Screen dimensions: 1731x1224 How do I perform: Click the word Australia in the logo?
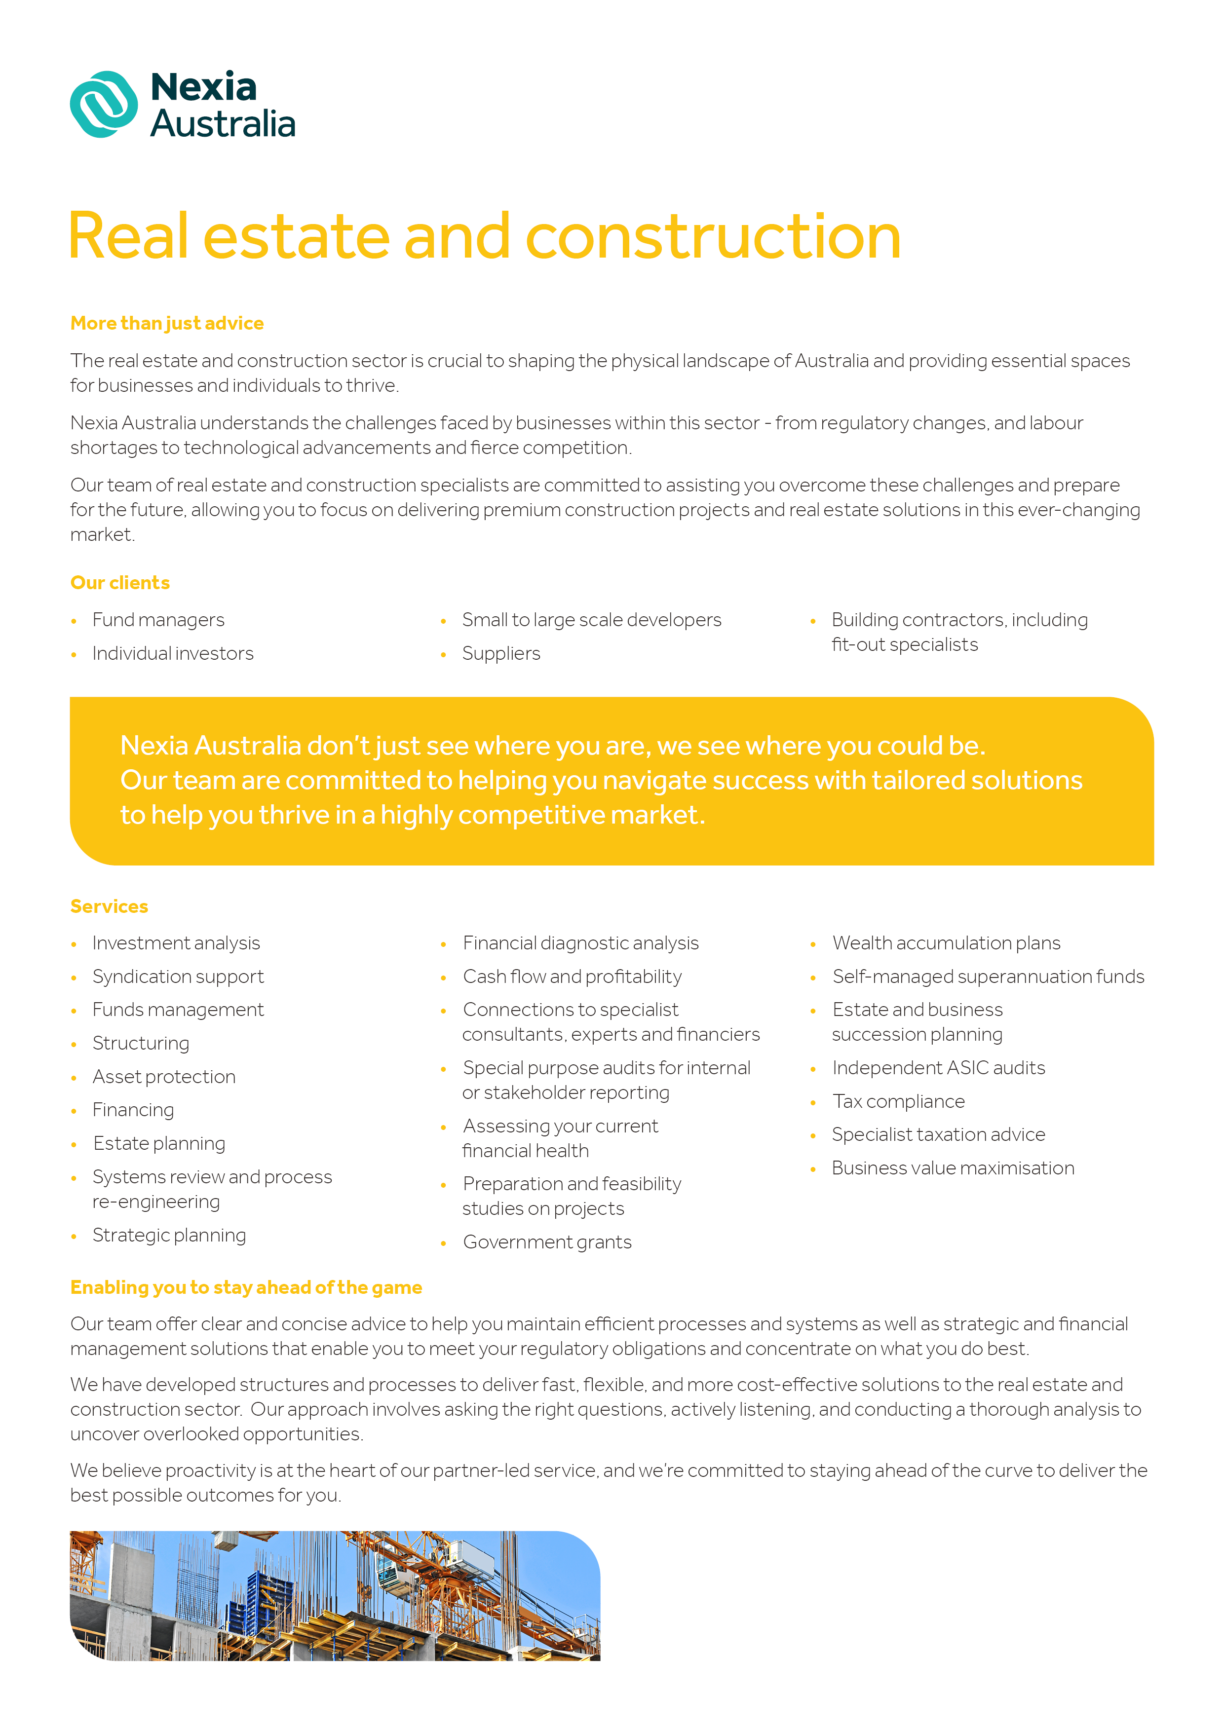point(223,124)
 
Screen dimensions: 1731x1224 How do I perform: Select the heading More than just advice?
point(167,323)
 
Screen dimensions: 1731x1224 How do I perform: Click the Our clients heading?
point(120,583)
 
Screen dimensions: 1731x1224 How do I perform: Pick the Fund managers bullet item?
point(158,620)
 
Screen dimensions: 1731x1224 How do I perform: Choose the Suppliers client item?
point(501,654)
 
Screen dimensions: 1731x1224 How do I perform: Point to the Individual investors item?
point(173,654)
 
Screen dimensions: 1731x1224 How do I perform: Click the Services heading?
point(110,906)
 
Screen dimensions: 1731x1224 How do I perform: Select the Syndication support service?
point(178,977)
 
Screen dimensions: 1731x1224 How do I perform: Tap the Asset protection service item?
point(164,1077)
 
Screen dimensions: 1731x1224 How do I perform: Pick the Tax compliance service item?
point(898,1101)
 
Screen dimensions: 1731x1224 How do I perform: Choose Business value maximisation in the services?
point(953,1168)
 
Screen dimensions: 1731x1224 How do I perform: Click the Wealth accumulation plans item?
point(946,943)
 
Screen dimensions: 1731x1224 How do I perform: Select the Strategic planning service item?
point(169,1235)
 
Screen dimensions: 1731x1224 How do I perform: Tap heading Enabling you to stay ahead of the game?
point(246,1287)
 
